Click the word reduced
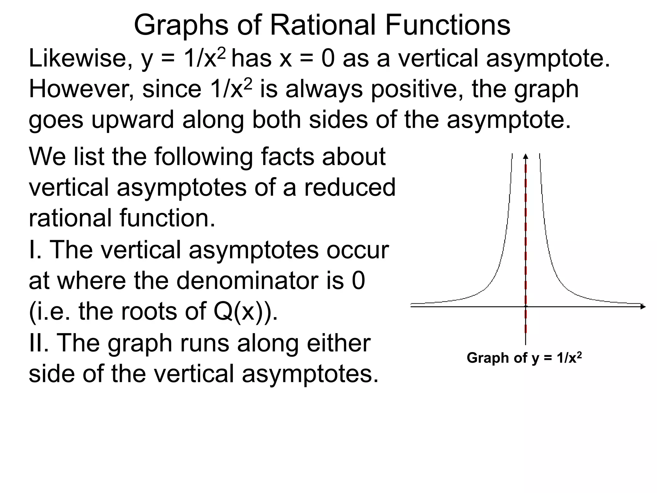tap(350, 187)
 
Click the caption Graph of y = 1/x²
tap(524, 358)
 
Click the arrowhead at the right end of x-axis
tap(643, 307)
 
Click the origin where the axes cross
tap(525, 307)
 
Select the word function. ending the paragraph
tap(167, 218)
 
